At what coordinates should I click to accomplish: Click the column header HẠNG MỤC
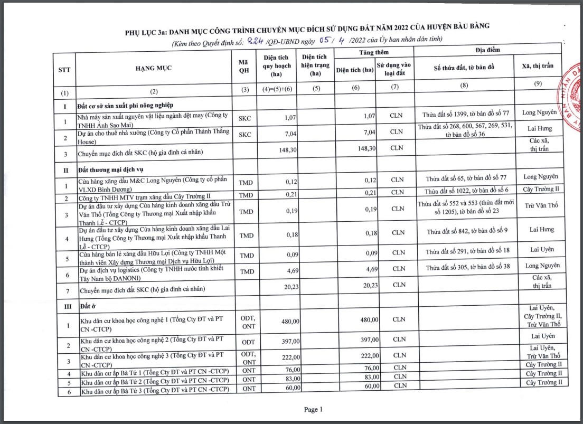point(154,68)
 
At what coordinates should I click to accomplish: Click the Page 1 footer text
point(313,409)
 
